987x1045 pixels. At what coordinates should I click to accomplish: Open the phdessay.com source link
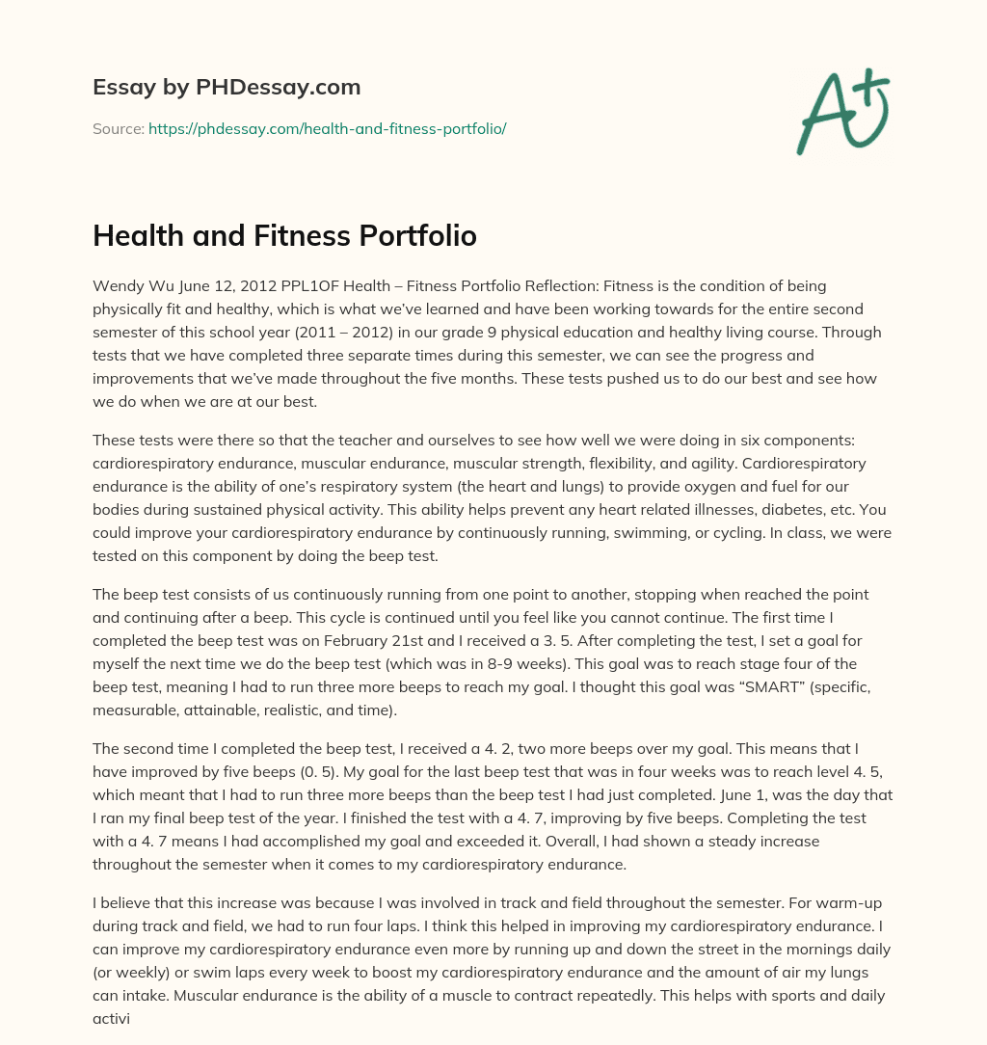327,128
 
